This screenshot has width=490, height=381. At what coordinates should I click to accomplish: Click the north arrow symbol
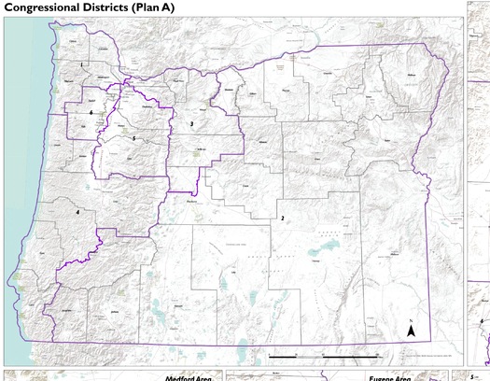tap(410, 329)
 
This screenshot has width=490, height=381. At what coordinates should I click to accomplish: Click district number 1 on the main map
tap(83, 63)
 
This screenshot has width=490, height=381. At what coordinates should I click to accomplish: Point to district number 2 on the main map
tap(281, 218)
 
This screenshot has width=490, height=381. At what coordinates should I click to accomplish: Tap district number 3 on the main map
tap(191, 123)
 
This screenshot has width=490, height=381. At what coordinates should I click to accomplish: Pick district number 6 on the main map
tap(91, 112)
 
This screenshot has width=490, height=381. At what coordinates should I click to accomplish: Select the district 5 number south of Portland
tap(134, 138)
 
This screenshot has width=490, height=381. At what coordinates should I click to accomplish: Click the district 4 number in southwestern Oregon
tap(77, 212)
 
